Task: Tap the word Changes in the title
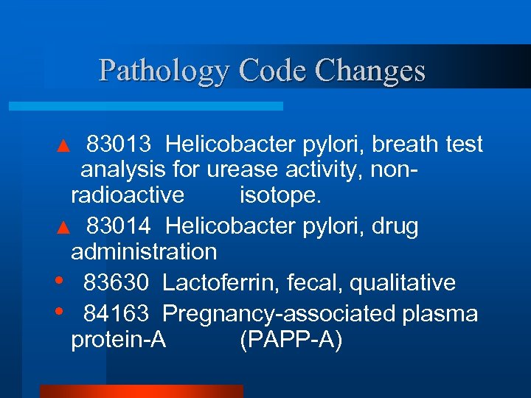[x=369, y=71]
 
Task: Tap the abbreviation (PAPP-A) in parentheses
[x=291, y=341]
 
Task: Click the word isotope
[x=280, y=195]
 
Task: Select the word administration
[x=144, y=251]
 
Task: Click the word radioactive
[x=128, y=195]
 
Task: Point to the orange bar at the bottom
[x=141, y=391]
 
